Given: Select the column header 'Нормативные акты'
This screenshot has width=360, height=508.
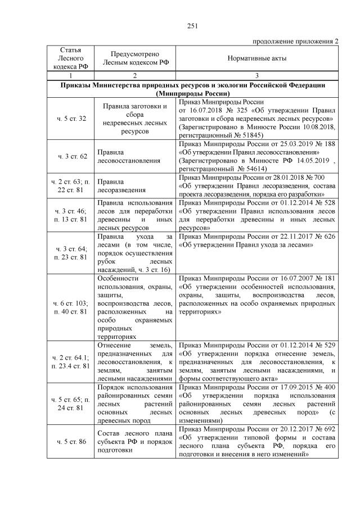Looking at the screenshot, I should tap(257, 58).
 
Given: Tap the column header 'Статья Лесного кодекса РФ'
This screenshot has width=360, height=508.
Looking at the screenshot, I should tap(71, 58).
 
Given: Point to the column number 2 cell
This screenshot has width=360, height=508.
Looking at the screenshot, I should tap(135, 75).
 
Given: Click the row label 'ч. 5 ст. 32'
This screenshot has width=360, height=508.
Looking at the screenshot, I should tap(71, 119).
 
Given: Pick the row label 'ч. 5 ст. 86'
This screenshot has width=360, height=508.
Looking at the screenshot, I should tap(71, 442).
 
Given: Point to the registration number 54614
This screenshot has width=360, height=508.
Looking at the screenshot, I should tap(251, 168).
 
